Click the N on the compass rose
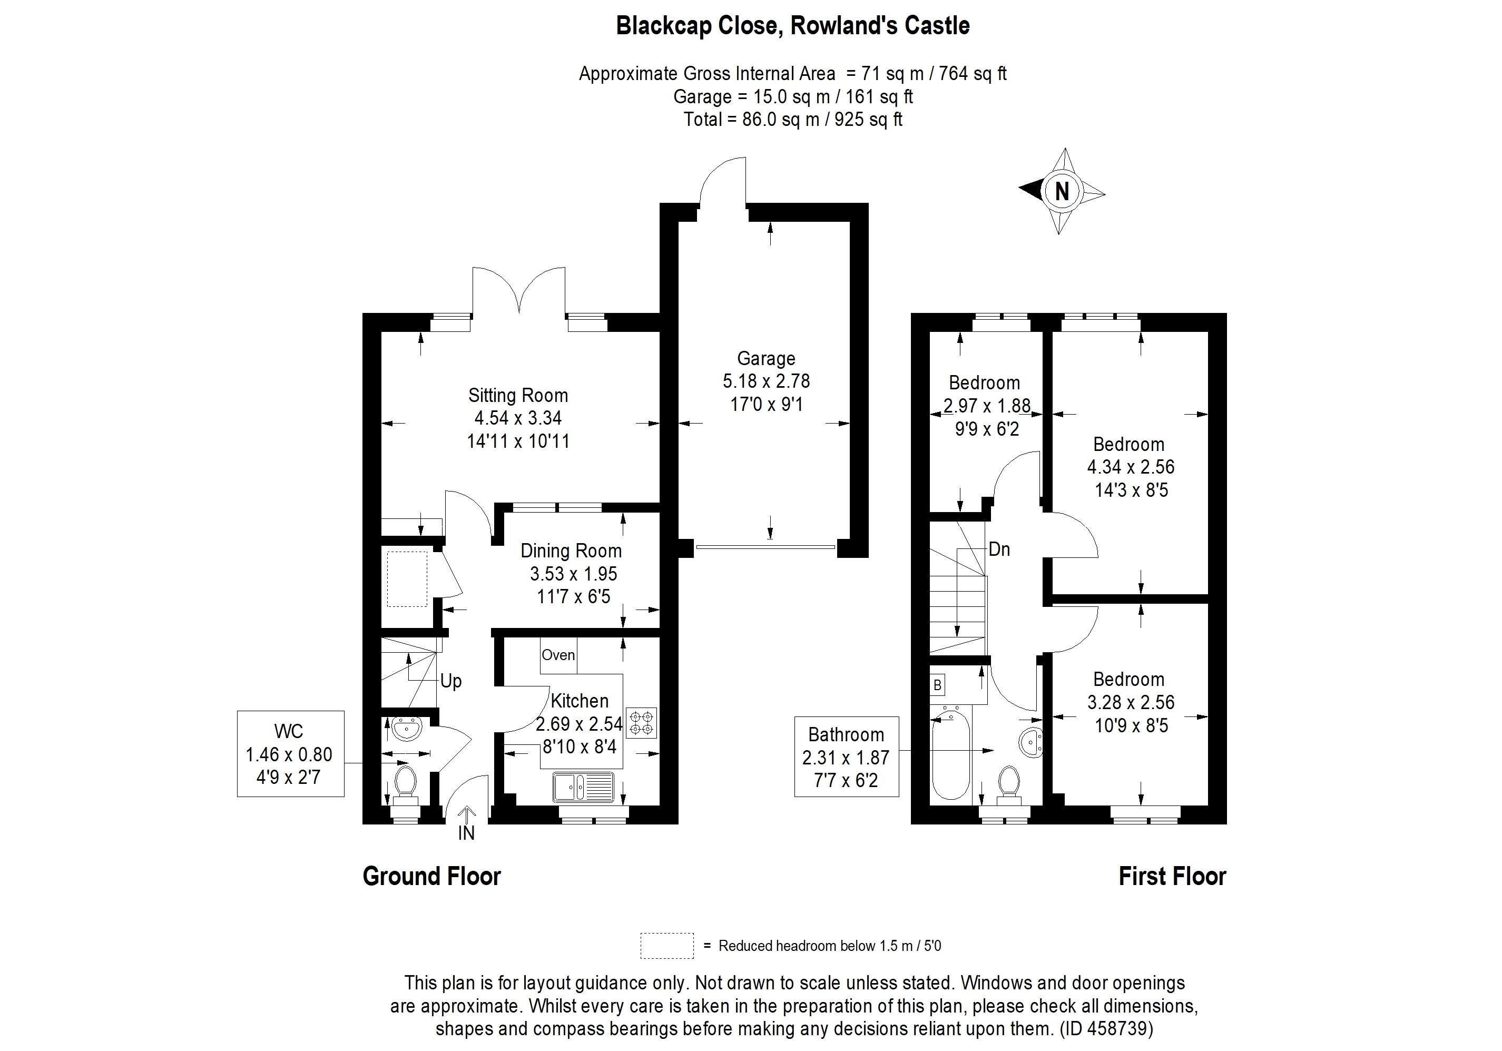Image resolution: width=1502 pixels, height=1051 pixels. point(1062,191)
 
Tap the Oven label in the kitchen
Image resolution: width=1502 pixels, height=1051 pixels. point(558,655)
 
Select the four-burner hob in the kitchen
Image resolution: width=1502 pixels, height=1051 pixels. point(641,723)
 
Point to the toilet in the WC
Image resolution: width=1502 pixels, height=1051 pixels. point(406,783)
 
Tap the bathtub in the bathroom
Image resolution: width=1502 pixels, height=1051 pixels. point(950,756)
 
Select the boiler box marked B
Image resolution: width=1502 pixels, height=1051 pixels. point(937,685)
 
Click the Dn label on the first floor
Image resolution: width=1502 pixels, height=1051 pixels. point(999,549)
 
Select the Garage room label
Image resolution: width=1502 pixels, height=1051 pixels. point(766,358)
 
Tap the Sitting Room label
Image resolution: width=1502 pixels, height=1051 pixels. point(518,396)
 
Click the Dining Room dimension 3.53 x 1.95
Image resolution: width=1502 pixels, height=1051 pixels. point(573,574)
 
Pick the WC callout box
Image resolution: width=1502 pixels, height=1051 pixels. point(290,753)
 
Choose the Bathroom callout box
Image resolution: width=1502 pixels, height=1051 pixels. point(846,757)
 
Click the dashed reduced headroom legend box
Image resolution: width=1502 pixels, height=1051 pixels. point(666,946)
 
